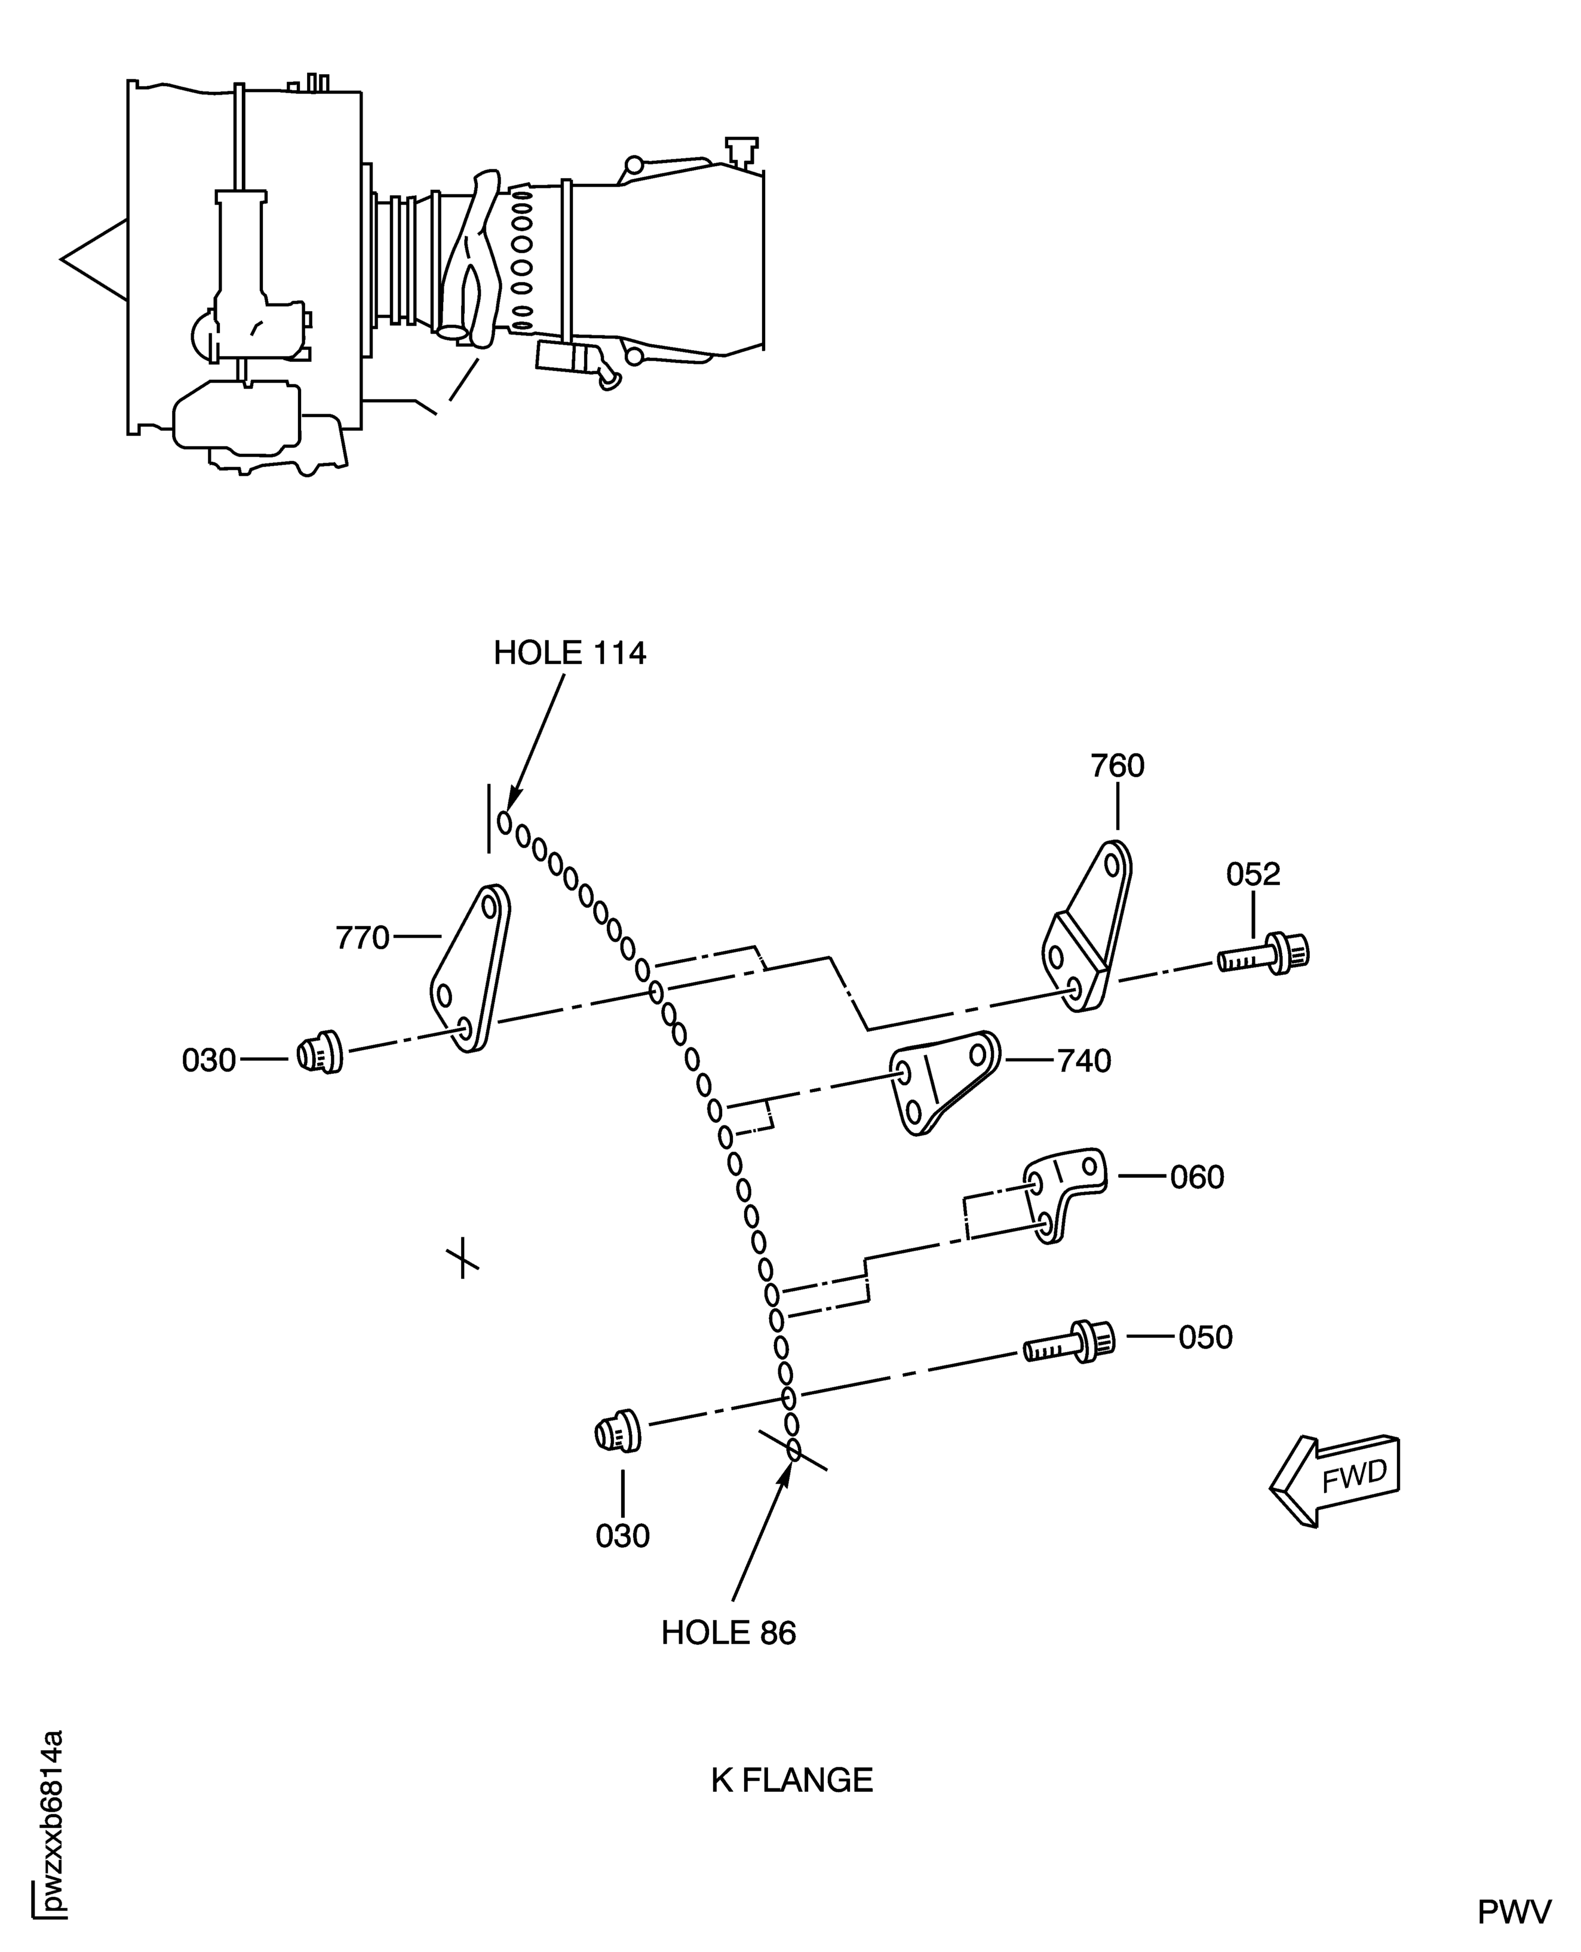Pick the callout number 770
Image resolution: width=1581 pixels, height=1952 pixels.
363,937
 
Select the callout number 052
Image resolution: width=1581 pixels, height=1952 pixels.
1252,874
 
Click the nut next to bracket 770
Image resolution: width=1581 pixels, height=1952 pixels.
320,1054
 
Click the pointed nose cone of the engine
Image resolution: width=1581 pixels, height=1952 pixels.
93,260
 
